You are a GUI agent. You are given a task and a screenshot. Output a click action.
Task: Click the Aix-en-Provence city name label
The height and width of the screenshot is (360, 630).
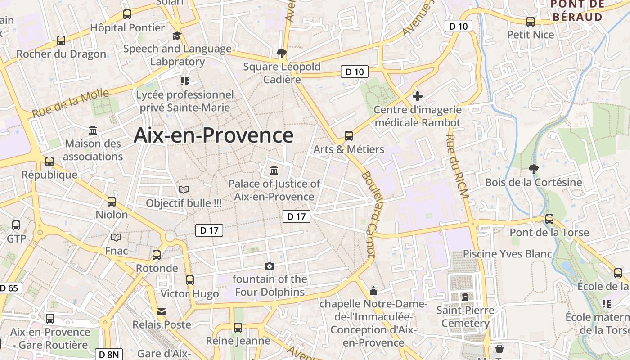[213, 135]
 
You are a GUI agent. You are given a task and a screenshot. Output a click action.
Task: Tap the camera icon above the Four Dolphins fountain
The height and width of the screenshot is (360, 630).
[270, 266]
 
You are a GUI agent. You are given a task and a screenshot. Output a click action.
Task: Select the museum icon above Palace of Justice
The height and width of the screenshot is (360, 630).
[274, 170]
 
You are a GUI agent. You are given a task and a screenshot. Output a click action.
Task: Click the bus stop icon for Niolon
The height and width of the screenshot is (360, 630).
[112, 201]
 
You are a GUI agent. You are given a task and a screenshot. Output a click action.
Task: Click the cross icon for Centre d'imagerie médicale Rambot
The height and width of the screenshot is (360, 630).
[418, 96]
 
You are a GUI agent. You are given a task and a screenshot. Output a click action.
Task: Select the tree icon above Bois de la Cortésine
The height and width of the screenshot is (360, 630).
[533, 169]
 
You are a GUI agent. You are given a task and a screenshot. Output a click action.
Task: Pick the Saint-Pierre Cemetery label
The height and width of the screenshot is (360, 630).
[465, 317]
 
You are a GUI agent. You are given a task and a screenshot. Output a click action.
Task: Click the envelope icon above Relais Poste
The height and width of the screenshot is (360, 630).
[161, 311]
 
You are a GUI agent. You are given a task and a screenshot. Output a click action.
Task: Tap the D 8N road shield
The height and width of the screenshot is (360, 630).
[109, 355]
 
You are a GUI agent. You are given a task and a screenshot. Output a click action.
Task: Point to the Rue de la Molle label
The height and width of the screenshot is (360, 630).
[70, 103]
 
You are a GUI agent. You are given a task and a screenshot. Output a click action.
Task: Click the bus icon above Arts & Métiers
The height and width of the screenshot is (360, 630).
[348, 135]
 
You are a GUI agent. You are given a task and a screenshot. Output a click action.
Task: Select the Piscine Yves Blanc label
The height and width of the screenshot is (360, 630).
[508, 254]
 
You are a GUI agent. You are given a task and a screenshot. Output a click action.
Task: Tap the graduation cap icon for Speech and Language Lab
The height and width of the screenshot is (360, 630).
[177, 36]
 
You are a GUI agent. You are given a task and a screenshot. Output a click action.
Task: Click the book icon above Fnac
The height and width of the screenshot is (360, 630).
[116, 237]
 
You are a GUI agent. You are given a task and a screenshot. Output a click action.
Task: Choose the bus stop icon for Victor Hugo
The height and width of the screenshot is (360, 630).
[190, 280]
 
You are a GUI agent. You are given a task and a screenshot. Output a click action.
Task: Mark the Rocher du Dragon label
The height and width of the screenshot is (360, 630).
[61, 54]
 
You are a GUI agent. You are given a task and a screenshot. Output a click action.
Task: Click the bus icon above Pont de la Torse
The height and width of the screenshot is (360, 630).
[549, 219]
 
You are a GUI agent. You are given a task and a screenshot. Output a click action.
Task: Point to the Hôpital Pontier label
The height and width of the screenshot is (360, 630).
[127, 27]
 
